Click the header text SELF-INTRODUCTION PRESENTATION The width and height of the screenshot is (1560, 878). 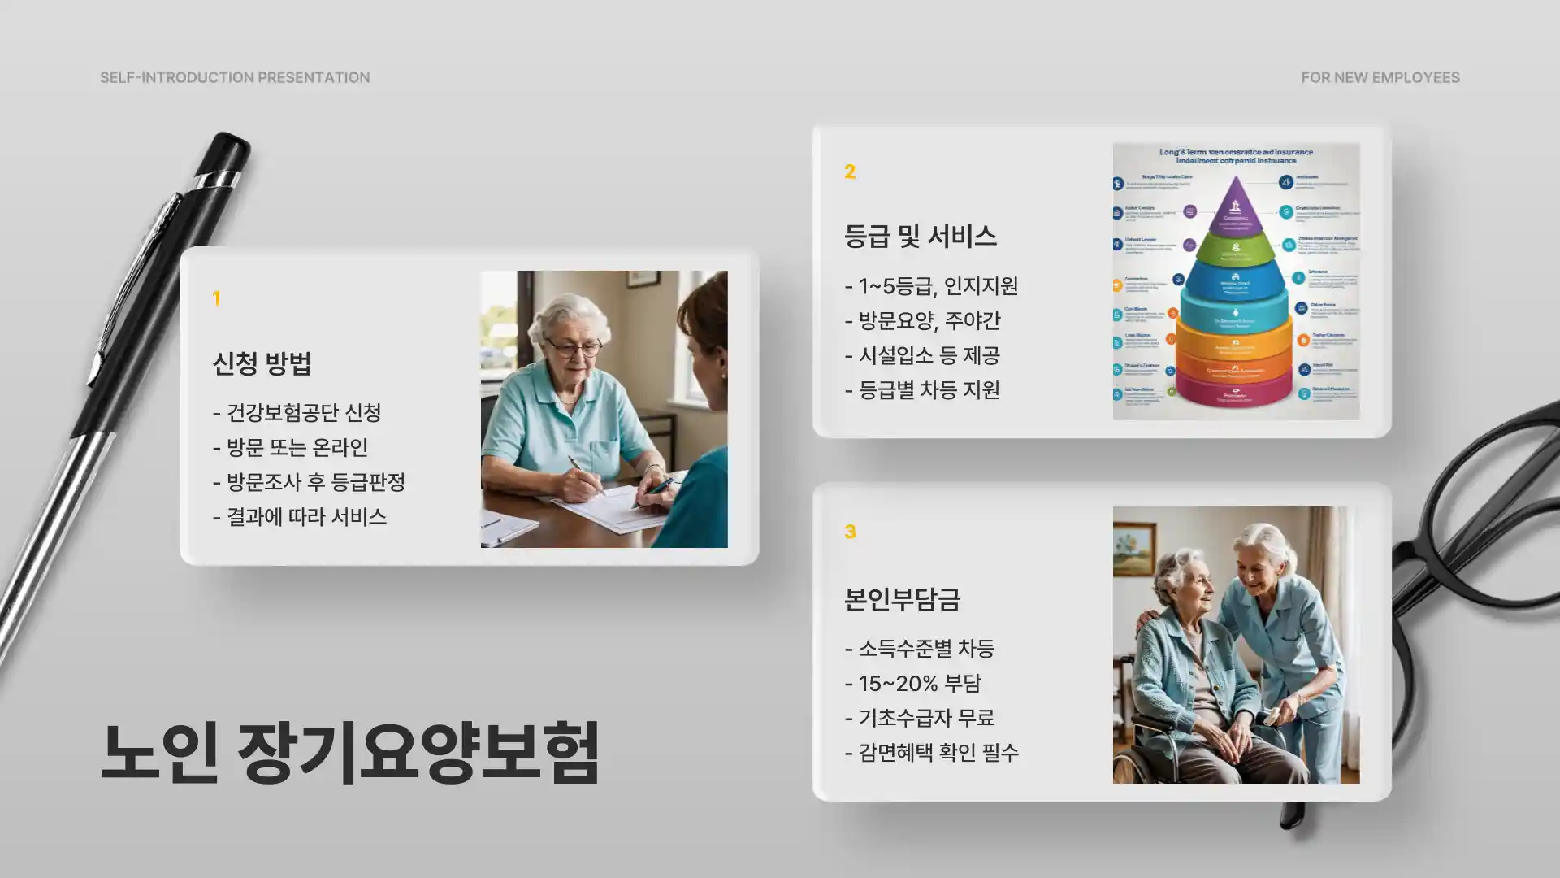click(x=235, y=77)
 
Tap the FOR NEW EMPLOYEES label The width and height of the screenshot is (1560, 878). click(x=1380, y=77)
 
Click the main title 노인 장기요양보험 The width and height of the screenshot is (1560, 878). click(x=350, y=753)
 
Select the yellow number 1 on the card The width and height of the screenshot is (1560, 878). click(x=216, y=298)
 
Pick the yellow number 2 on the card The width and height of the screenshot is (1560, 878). click(x=850, y=172)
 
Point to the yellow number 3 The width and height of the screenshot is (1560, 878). click(x=850, y=532)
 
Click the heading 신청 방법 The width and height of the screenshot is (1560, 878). click(x=262, y=363)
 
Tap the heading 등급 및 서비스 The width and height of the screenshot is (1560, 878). click(x=920, y=237)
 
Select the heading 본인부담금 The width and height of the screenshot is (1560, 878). click(x=902, y=599)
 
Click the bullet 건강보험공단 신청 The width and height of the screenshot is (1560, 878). click(x=297, y=413)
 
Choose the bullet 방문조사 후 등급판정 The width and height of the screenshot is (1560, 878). click(x=309, y=482)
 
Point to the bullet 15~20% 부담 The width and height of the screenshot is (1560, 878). click(x=913, y=684)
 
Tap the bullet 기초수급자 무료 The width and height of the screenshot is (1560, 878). click(x=920, y=718)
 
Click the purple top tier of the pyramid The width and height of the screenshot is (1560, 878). click(x=1236, y=208)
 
